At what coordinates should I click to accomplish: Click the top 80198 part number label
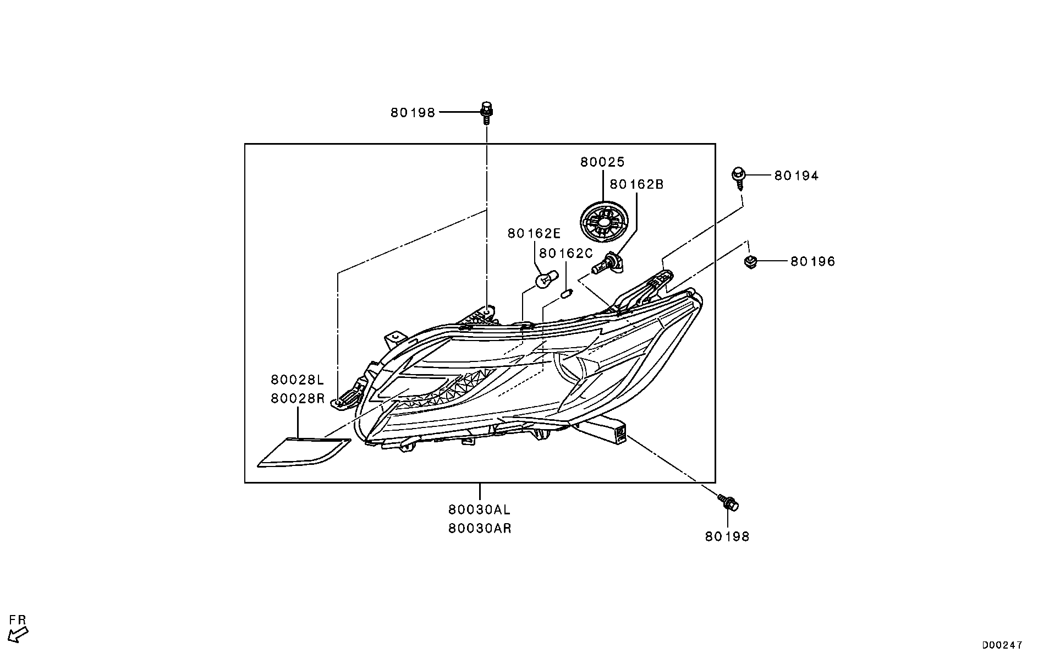(413, 113)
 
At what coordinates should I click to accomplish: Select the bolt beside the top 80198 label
(486, 113)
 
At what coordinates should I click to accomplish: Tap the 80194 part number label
(797, 176)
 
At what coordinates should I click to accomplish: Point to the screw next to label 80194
(738, 179)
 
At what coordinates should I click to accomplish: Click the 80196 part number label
(813, 262)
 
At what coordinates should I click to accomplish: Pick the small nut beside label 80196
(749, 262)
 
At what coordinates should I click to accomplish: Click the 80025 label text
(603, 162)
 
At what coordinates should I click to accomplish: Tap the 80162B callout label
(637, 184)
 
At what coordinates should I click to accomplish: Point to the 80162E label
(534, 234)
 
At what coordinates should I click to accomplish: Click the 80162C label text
(566, 253)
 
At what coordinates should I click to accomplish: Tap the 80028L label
(298, 380)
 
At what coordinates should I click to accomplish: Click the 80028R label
(298, 398)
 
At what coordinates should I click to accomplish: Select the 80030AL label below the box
(479, 509)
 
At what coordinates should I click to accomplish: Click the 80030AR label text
(480, 529)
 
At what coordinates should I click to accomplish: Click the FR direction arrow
(20, 635)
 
